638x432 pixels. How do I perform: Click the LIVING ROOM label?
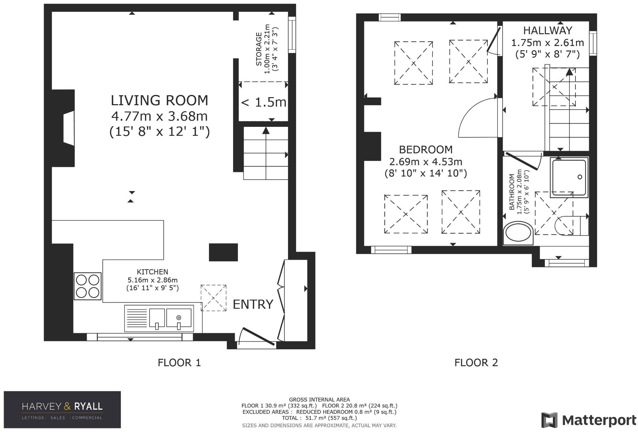pyautogui.click(x=159, y=100)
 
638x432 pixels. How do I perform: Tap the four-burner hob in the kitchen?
pyautogui.click(x=88, y=286)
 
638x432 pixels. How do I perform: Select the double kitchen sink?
pyautogui.click(x=159, y=318)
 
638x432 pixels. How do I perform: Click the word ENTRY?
pyautogui.click(x=253, y=304)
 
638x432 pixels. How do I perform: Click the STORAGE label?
pyautogui.click(x=259, y=49)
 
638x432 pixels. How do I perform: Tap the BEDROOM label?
pyautogui.click(x=426, y=149)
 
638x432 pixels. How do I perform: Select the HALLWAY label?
pyautogui.click(x=548, y=30)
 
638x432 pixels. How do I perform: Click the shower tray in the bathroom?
pyautogui.click(x=569, y=177)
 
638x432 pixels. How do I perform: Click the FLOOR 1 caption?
pyautogui.click(x=179, y=362)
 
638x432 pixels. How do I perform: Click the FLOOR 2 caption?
pyautogui.click(x=476, y=362)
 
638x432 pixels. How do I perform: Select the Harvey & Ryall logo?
pyautogui.click(x=62, y=410)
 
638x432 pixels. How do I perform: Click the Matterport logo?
pyautogui.click(x=589, y=420)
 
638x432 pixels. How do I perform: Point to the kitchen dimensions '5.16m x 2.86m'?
pyautogui.click(x=152, y=280)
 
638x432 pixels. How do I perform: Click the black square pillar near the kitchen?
pyautogui.click(x=223, y=252)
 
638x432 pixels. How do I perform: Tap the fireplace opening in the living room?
pyautogui.click(x=69, y=128)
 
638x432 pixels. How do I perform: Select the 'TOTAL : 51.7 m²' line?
pyautogui.click(x=319, y=418)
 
